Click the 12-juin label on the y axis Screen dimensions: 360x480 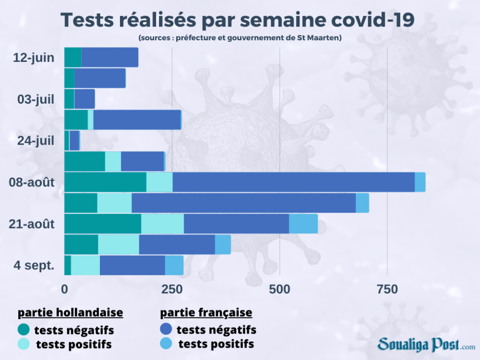click(33, 58)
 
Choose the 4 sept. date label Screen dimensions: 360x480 click(34, 265)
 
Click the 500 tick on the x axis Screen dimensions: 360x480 click(280, 289)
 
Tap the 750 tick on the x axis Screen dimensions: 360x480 click(387, 289)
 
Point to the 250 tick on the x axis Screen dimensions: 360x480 click(172, 289)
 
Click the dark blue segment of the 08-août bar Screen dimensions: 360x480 click(293, 182)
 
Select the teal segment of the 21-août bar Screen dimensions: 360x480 click(102, 224)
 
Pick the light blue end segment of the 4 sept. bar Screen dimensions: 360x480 click(174, 265)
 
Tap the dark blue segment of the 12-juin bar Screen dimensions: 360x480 click(109, 58)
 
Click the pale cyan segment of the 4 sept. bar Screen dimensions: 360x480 click(85, 265)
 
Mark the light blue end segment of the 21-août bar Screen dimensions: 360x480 click(303, 224)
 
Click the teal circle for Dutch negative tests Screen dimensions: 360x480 click(24, 330)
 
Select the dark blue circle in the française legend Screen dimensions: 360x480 click(166, 330)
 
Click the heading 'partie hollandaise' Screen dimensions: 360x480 click(71, 313)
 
